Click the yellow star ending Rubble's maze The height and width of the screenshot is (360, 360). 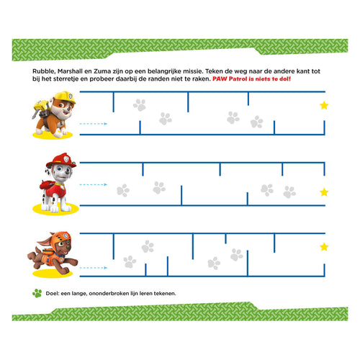[323, 105]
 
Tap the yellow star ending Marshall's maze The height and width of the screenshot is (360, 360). [323, 192]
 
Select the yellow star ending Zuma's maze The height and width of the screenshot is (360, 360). [323, 247]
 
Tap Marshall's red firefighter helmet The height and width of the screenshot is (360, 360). [60, 159]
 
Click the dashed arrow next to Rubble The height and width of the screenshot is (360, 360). [93, 124]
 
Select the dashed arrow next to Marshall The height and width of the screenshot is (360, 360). [93, 185]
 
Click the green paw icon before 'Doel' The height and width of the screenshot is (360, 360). [37, 293]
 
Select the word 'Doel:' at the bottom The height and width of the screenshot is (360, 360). [55, 294]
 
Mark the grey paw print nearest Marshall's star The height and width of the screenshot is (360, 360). [289, 192]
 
